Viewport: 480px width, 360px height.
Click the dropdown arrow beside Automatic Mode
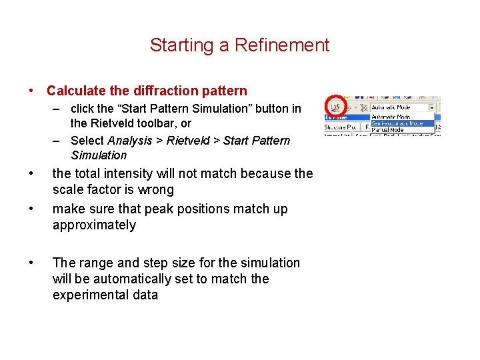[x=431, y=107]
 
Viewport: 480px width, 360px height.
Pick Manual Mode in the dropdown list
[x=387, y=130]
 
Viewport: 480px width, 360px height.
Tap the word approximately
[x=94, y=225]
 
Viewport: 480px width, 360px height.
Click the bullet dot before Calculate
[x=31, y=91]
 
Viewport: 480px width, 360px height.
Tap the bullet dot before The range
[x=31, y=263]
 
